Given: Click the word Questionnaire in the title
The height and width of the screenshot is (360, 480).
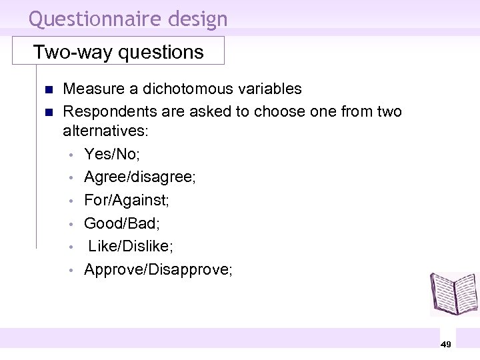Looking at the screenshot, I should tap(89, 19).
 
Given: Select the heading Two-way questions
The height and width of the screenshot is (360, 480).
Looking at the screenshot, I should tap(119, 52).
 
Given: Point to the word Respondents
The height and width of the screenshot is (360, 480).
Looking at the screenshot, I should tap(111, 111).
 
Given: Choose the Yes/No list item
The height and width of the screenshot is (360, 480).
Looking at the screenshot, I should tap(111, 155).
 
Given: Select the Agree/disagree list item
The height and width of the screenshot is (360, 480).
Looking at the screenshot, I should tap(139, 177).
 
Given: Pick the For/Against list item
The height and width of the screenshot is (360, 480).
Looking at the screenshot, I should tap(125, 200).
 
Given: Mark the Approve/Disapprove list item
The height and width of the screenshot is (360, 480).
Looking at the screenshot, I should tap(158, 269).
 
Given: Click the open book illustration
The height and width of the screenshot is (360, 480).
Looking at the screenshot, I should tap(453, 293).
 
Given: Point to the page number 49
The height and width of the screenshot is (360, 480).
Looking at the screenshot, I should tap(446, 344).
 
